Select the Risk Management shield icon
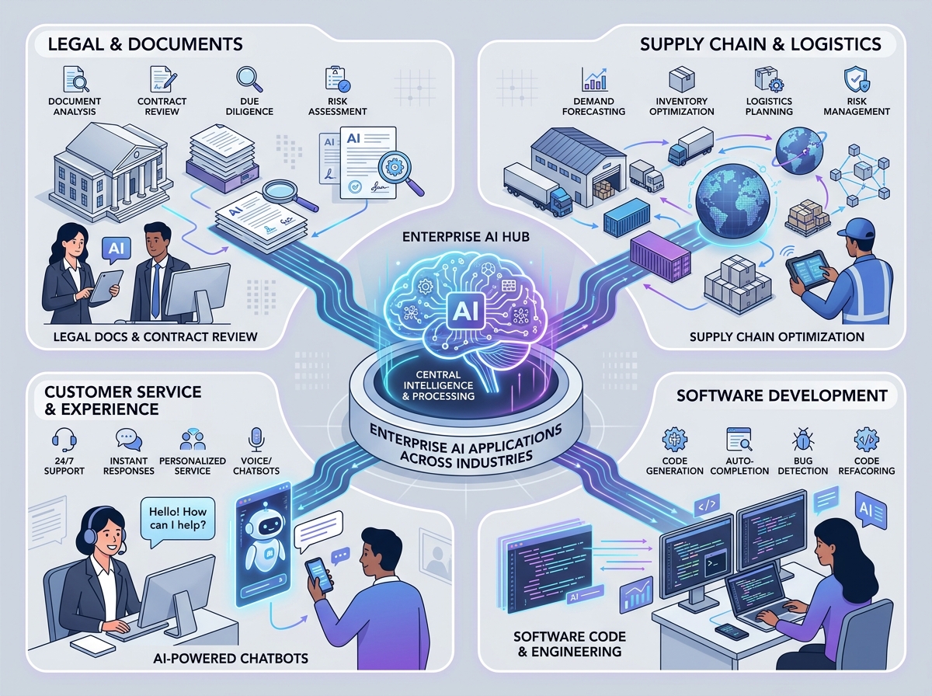pos(852,78)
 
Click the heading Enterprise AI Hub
pos(466,234)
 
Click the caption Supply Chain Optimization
pos(777,336)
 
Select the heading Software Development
pos(781,395)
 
